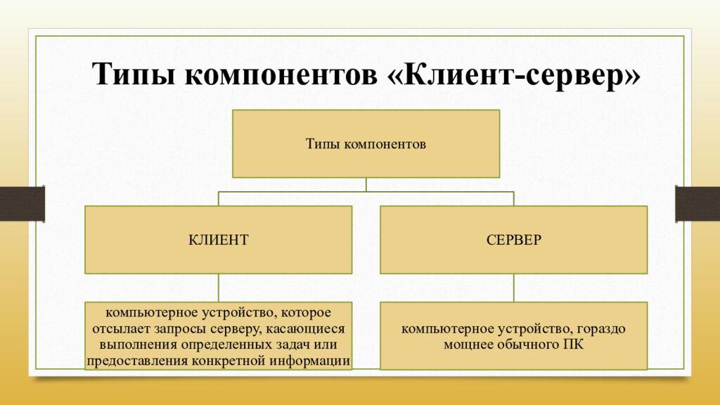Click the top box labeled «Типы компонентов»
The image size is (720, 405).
(x=366, y=143)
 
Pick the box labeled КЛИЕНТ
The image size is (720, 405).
(x=218, y=240)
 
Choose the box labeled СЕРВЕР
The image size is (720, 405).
(x=513, y=240)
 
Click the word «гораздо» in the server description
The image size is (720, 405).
(x=603, y=328)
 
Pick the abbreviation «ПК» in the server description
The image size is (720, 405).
(x=573, y=345)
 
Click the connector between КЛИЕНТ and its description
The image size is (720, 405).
(x=218, y=288)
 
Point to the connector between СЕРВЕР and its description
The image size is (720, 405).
(x=513, y=288)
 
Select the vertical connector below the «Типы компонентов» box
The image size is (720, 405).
(x=366, y=184)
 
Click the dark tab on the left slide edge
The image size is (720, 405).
(x=22, y=203)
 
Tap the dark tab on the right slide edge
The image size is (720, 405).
(x=697, y=203)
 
